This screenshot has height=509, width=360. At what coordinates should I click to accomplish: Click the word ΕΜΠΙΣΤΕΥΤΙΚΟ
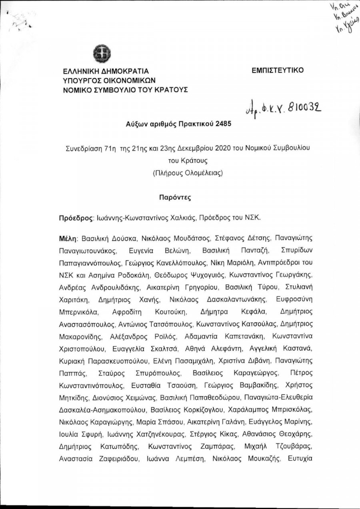tap(278, 70)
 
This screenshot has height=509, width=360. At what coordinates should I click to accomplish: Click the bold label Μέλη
tap(68, 239)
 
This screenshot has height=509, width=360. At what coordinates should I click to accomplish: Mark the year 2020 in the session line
tap(223, 148)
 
